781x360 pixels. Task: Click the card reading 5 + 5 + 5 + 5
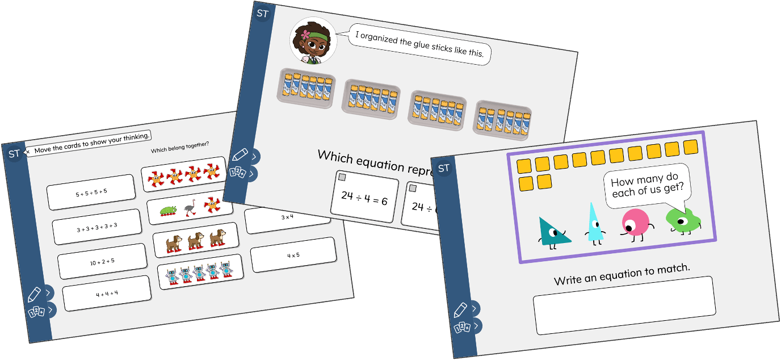click(91, 192)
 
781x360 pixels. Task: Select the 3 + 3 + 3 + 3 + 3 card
click(96, 227)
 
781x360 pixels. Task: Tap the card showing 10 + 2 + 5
click(102, 261)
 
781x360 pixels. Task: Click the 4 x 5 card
click(293, 254)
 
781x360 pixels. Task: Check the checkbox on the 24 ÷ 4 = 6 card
click(342, 178)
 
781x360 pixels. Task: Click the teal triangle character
click(552, 232)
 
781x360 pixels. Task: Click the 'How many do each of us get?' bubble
click(647, 185)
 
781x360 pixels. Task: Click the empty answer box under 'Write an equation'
click(624, 305)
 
